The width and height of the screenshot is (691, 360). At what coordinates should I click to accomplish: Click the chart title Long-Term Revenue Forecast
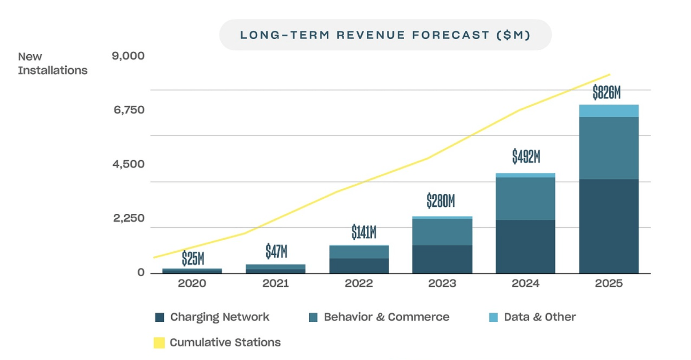385,35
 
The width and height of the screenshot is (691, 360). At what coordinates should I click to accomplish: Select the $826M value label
606,92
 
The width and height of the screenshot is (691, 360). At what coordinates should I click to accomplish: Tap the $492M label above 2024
526,157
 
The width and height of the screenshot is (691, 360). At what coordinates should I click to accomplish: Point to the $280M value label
441,201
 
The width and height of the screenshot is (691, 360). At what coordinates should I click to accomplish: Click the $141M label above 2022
364,232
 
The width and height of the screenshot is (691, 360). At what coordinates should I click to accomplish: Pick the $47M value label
276,251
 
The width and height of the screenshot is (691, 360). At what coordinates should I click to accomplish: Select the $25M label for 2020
193,259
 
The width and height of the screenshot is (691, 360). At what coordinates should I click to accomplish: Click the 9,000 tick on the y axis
128,56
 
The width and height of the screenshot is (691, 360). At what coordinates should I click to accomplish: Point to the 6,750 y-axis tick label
129,110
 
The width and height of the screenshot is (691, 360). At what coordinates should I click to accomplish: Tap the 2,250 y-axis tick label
129,218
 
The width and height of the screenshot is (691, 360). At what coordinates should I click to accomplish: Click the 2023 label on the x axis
442,284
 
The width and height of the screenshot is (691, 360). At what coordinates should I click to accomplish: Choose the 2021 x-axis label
275,284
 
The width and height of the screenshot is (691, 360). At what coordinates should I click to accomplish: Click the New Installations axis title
53,63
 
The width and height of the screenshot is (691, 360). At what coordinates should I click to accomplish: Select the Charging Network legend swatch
159,317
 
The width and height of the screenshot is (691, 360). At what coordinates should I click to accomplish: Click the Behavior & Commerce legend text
386,317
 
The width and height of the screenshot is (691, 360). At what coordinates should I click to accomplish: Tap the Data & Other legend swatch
493,317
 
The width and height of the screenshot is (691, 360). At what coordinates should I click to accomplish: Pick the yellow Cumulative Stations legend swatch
159,343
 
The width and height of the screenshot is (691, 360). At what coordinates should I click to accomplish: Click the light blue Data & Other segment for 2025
609,111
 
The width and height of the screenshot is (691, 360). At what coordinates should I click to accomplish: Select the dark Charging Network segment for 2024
526,246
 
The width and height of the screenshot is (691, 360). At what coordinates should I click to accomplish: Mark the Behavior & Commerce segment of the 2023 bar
442,232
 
